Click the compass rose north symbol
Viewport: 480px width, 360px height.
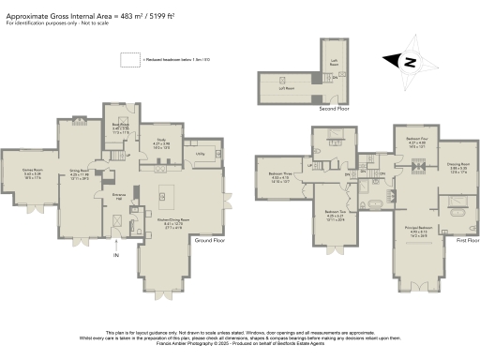pos(410,61)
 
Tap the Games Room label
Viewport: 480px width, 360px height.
pos(32,173)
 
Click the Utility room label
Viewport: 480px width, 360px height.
pos(201,152)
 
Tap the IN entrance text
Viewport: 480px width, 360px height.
pos(117,254)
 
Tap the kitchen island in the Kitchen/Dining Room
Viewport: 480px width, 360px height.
pos(175,197)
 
